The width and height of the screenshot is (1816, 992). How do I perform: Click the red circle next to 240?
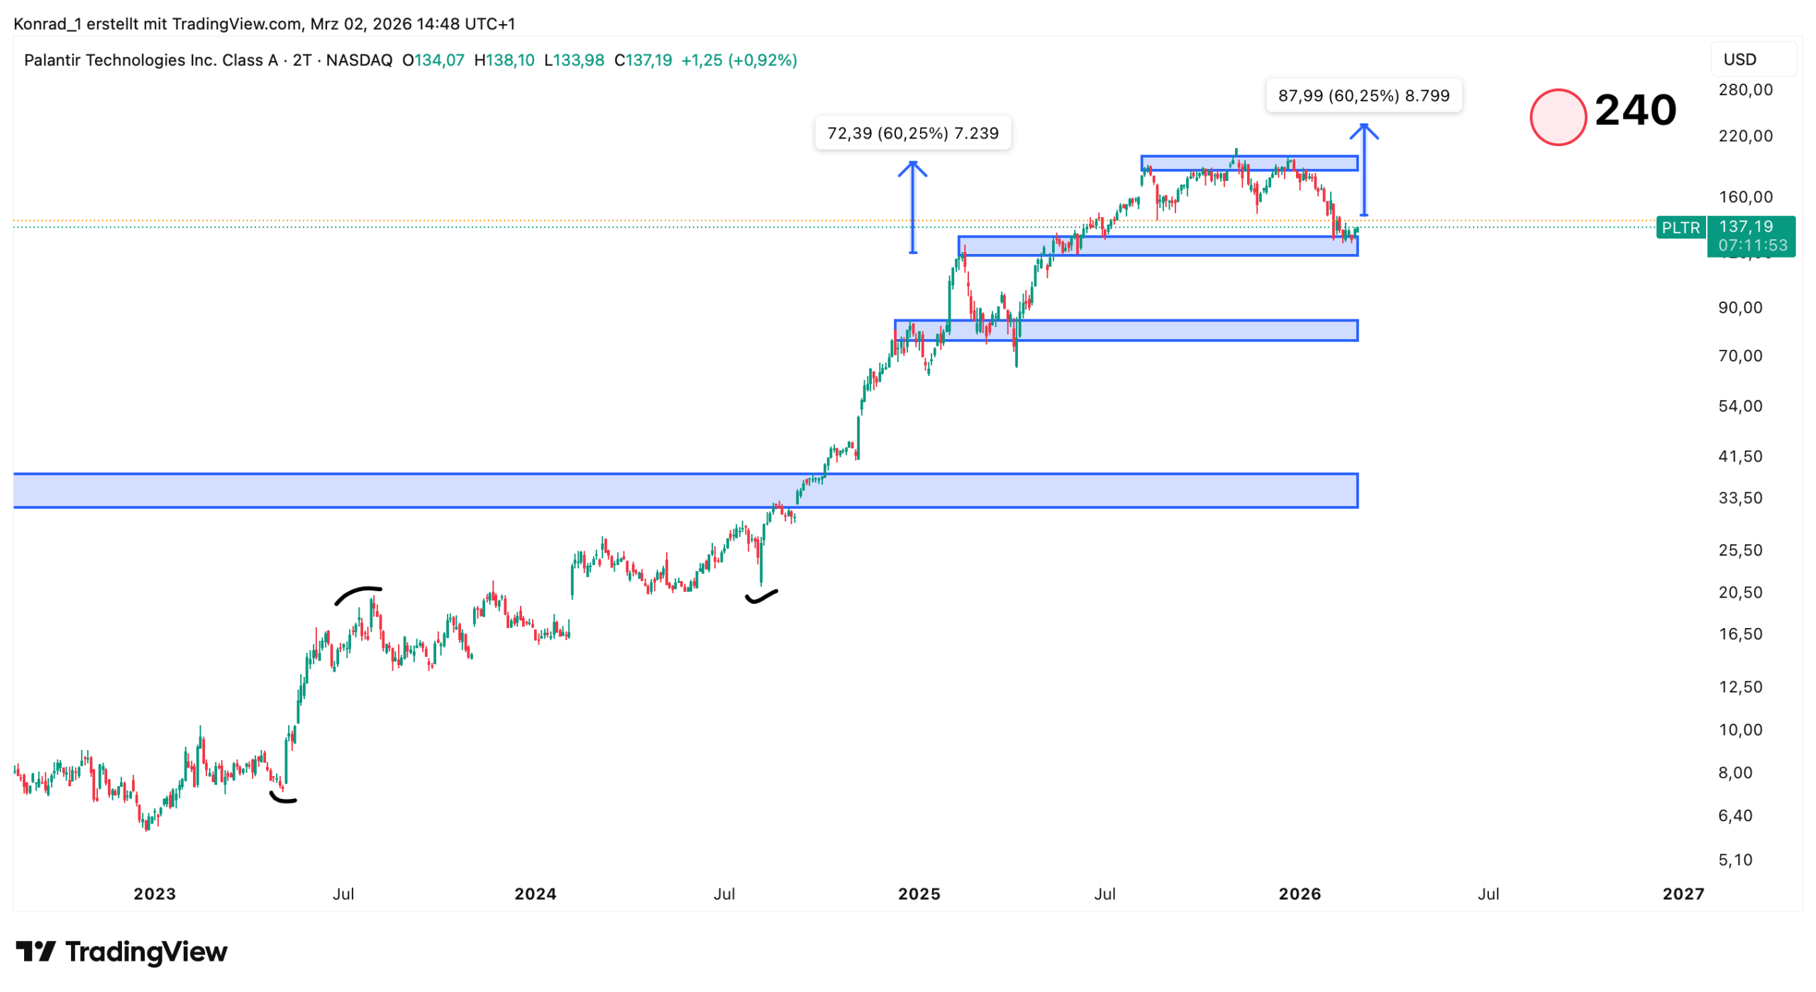[1557, 117]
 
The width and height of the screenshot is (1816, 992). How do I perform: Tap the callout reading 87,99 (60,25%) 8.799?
[1363, 96]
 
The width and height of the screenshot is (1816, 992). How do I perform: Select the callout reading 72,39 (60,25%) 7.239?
[912, 133]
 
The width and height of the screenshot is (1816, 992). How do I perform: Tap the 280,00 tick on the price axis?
[1744, 90]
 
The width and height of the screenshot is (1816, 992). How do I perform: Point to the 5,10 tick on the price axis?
[1734, 860]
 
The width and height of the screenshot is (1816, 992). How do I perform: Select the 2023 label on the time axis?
[155, 893]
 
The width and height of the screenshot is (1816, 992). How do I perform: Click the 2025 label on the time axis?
[919, 893]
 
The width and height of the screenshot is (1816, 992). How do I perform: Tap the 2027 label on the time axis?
[1682, 893]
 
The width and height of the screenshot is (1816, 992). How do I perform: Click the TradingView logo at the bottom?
[121, 952]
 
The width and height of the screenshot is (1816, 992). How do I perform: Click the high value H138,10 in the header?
[504, 60]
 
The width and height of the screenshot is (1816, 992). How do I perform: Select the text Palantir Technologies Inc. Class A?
[150, 60]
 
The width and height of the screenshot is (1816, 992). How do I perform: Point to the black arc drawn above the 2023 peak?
[358, 593]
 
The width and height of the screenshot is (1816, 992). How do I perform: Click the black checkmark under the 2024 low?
[761, 597]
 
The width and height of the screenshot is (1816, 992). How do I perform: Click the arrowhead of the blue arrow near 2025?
[912, 166]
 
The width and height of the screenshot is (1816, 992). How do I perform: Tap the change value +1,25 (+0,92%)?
[738, 60]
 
